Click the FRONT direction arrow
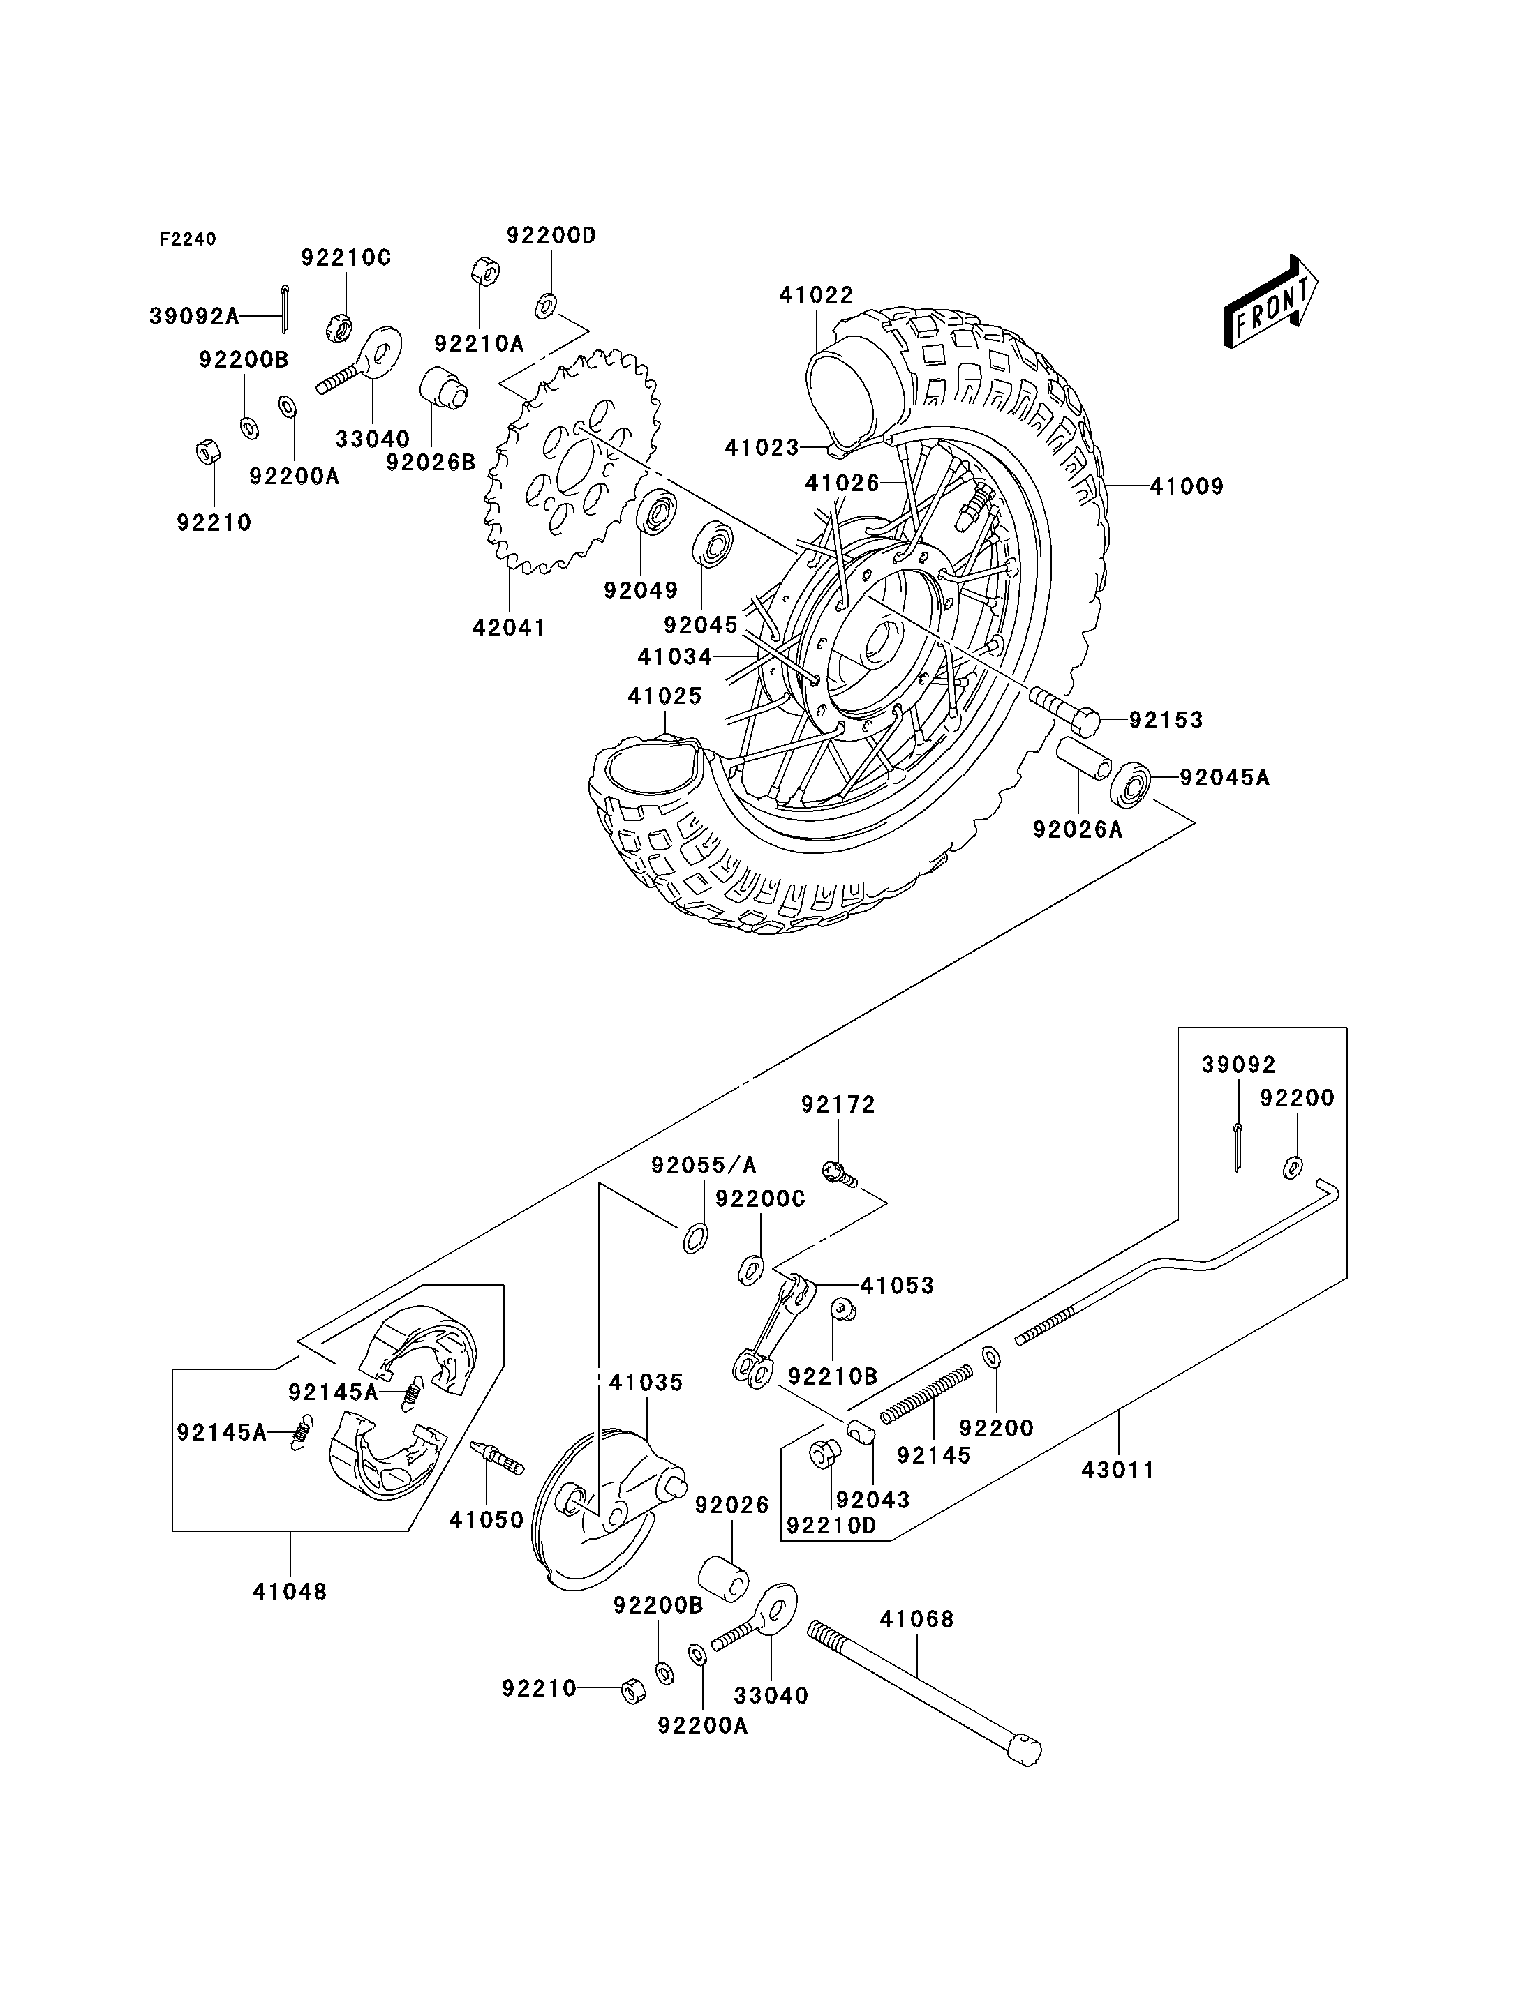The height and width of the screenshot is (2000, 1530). point(1270,303)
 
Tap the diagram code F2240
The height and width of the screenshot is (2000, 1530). point(188,239)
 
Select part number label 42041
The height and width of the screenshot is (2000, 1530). point(508,627)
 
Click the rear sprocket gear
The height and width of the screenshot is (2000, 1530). point(572,463)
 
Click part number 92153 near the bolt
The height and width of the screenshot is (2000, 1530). point(1166,720)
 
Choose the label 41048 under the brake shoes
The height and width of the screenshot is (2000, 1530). point(290,1591)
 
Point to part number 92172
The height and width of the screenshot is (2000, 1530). point(838,1104)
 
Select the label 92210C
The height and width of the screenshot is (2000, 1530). point(346,257)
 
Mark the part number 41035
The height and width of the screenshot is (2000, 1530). point(646,1382)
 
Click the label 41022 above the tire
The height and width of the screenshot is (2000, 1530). point(816,295)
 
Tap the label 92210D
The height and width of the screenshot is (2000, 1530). point(831,1525)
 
